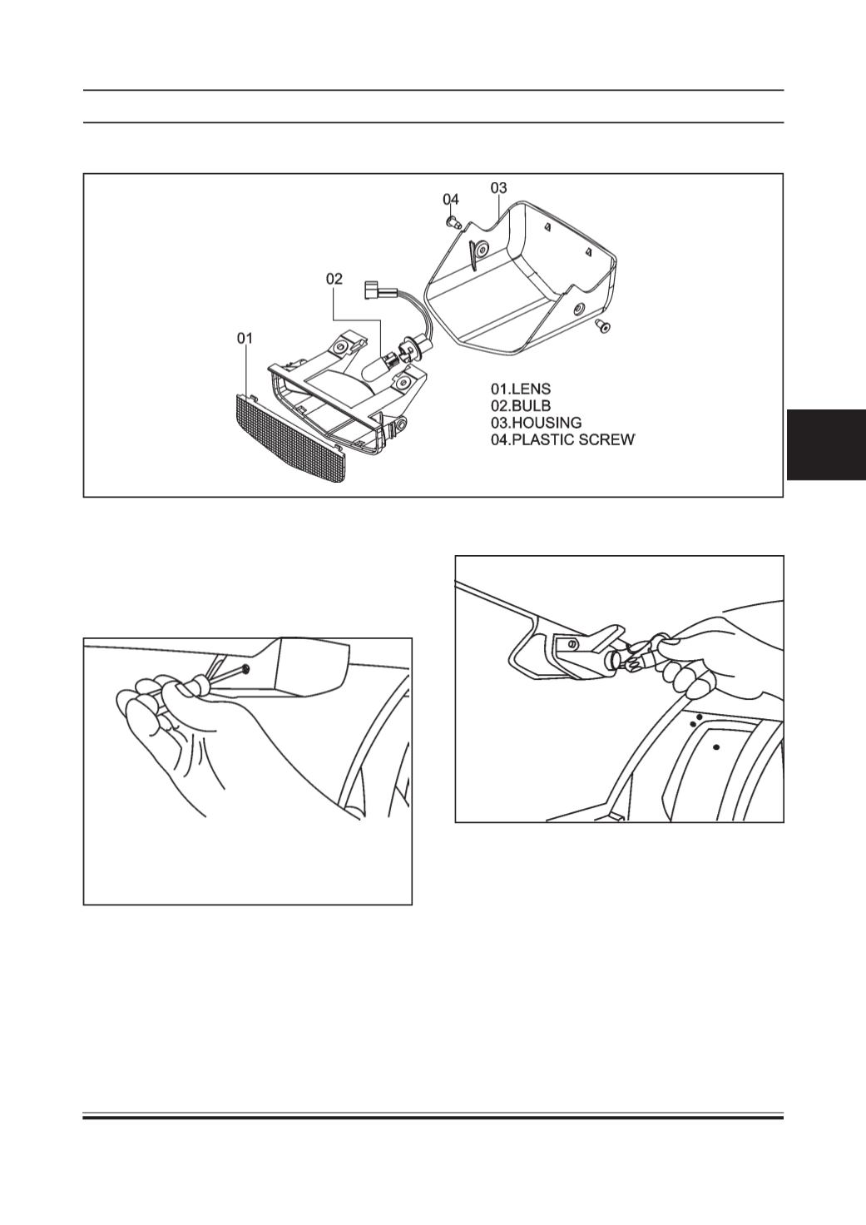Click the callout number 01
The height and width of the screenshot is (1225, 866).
coord(245,339)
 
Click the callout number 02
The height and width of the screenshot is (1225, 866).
coord(334,279)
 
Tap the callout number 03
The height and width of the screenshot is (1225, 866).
coord(498,187)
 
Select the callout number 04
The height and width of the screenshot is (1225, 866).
coord(451,199)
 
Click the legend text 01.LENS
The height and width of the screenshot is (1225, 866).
coord(521,389)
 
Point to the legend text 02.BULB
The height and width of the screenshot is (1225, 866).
coord(521,406)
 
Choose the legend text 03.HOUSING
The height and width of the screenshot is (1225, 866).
coord(536,423)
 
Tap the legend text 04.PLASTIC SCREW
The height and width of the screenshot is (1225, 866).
coord(562,439)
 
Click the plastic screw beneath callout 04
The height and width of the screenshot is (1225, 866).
coord(453,221)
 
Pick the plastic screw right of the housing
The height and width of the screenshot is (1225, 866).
coord(603,326)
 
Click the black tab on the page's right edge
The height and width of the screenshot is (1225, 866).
coord(826,444)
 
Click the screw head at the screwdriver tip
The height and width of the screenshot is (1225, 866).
coord(245,668)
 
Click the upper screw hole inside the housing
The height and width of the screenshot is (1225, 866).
coord(481,250)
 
